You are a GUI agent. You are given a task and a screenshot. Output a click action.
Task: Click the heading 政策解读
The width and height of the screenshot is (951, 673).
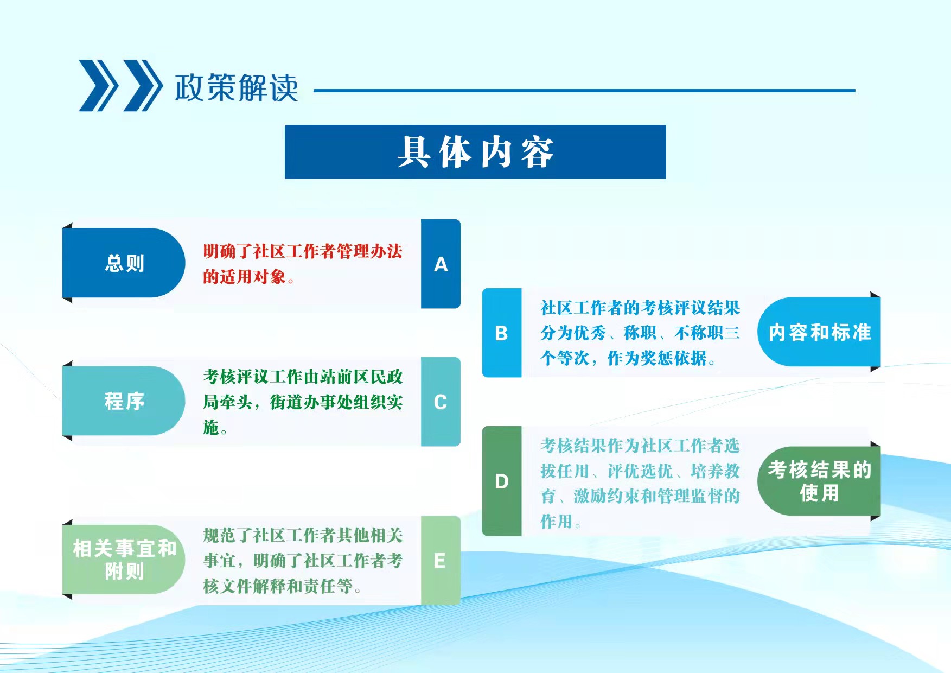(x=237, y=87)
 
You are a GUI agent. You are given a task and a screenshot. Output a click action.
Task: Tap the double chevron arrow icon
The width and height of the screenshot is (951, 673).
(x=120, y=86)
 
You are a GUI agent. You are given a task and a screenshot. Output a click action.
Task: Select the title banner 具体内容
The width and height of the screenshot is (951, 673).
(x=475, y=152)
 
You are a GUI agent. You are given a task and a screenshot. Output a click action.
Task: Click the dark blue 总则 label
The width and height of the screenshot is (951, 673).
(x=124, y=263)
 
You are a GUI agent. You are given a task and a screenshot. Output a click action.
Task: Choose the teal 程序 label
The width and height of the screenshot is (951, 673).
(x=124, y=401)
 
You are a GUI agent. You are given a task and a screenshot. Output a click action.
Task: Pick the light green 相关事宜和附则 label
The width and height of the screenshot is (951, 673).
(x=124, y=560)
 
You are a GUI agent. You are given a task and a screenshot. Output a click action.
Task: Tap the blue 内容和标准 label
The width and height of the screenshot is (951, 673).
(x=819, y=332)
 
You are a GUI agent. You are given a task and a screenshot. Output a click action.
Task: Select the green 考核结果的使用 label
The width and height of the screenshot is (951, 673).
(x=819, y=481)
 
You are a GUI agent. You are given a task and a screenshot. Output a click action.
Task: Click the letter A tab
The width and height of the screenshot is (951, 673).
(x=441, y=264)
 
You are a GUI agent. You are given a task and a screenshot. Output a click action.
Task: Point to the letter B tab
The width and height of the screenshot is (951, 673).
(x=502, y=333)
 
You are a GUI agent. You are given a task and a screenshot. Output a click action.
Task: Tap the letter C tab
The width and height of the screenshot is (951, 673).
(x=441, y=402)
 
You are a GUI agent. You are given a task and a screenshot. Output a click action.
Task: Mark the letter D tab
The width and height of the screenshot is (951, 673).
(x=502, y=481)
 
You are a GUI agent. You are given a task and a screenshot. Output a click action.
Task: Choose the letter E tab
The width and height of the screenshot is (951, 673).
(x=441, y=560)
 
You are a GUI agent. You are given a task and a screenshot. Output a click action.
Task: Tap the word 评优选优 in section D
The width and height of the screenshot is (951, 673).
(x=640, y=471)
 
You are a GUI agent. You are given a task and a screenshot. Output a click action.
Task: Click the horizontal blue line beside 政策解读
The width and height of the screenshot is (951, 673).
(x=584, y=91)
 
